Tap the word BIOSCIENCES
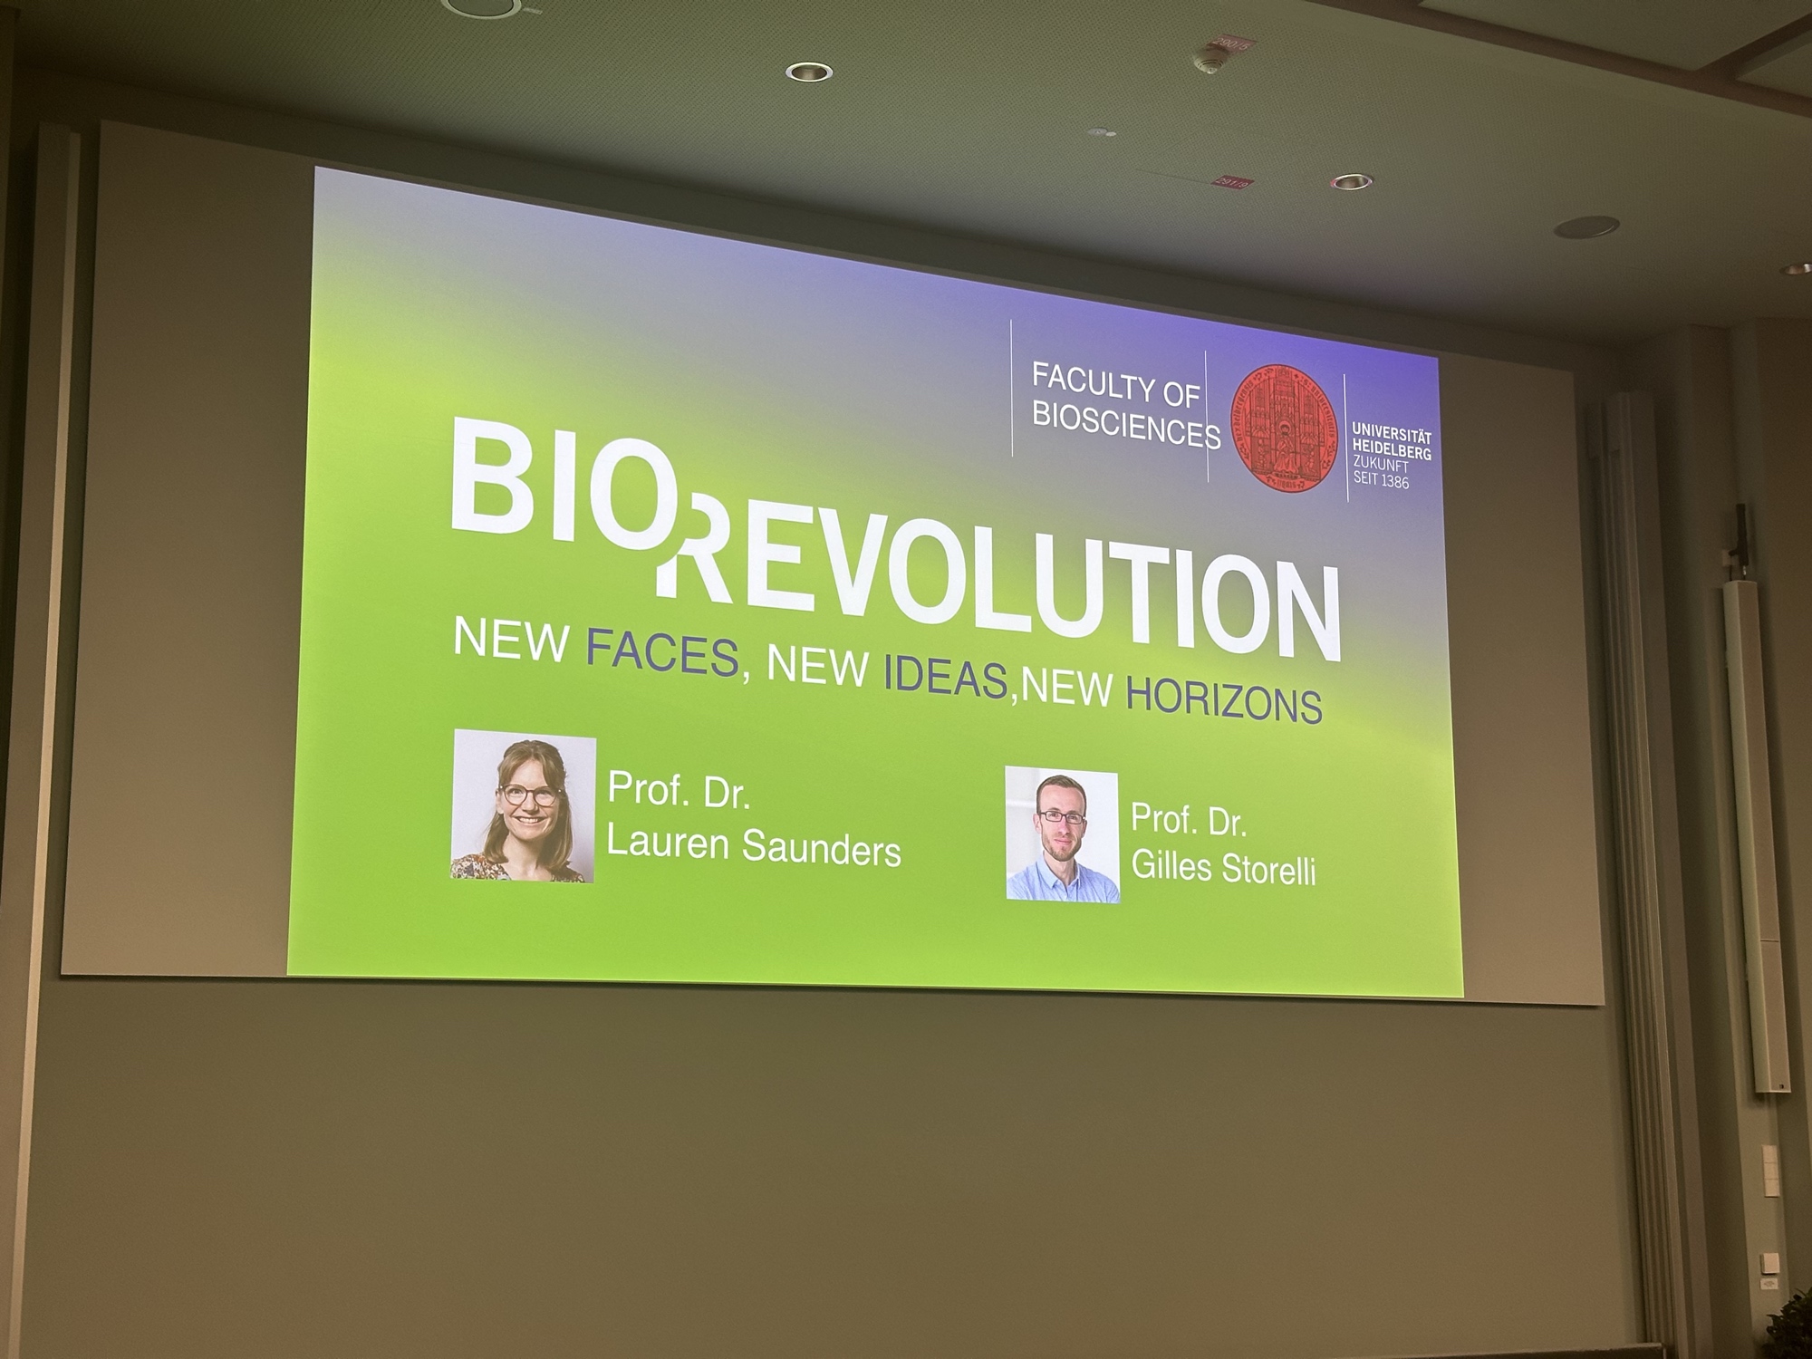click(x=1126, y=423)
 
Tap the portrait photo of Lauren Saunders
click(x=524, y=805)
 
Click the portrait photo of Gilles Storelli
click(x=1062, y=834)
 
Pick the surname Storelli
click(x=1268, y=869)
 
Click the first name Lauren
click(x=668, y=842)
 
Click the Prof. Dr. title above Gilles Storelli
click(x=1189, y=820)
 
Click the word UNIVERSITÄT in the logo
click(x=1393, y=434)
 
